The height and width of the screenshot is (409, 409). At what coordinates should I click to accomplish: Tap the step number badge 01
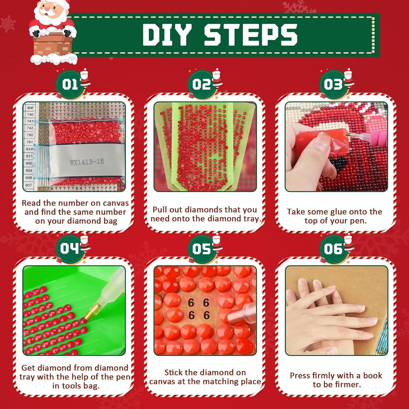tap(70, 84)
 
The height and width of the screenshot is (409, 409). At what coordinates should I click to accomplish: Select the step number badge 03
tap(333, 84)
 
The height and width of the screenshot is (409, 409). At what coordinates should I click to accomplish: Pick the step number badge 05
tap(201, 249)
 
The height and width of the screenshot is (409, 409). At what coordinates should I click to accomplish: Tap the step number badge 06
tap(333, 249)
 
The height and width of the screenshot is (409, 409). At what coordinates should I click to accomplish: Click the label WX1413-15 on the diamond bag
tap(87, 162)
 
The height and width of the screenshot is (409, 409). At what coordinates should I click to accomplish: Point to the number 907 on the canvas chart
tap(29, 185)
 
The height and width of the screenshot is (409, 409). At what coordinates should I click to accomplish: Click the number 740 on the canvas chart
tap(30, 114)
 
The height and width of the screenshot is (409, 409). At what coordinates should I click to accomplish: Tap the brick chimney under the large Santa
tap(53, 45)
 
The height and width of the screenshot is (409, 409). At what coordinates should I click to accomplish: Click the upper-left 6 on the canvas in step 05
tap(191, 303)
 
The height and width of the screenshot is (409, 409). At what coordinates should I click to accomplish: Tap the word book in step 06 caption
tap(373, 375)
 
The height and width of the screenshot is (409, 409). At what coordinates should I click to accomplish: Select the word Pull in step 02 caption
tap(159, 210)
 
